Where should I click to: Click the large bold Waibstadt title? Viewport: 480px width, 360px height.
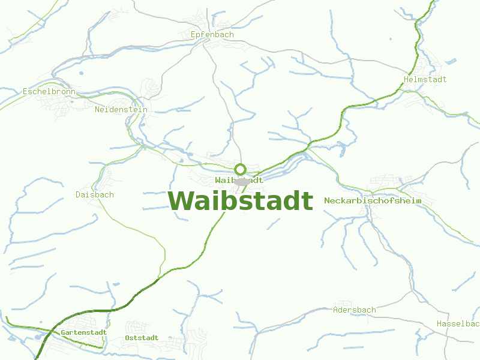(240, 201)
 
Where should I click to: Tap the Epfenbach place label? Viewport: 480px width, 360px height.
(212, 34)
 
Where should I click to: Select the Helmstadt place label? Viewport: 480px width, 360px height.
(425, 79)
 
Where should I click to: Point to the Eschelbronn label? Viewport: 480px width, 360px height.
(49, 92)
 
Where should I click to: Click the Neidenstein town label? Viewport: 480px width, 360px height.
(121, 110)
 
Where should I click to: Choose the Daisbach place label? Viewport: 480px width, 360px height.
(95, 194)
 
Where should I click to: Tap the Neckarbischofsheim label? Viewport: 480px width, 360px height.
(373, 200)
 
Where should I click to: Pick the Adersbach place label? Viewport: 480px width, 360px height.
(354, 310)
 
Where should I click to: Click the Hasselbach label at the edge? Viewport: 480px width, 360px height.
(458, 324)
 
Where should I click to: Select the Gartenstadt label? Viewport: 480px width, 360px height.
(83, 332)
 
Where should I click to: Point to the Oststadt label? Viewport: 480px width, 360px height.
(142, 338)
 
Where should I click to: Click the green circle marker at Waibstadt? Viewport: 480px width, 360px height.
(240, 169)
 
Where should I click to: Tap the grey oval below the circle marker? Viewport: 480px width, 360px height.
(242, 181)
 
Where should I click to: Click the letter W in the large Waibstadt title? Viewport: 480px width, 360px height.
(181, 201)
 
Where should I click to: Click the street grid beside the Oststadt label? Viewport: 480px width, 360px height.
(139, 327)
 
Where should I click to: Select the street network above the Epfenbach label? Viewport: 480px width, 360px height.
(211, 18)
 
